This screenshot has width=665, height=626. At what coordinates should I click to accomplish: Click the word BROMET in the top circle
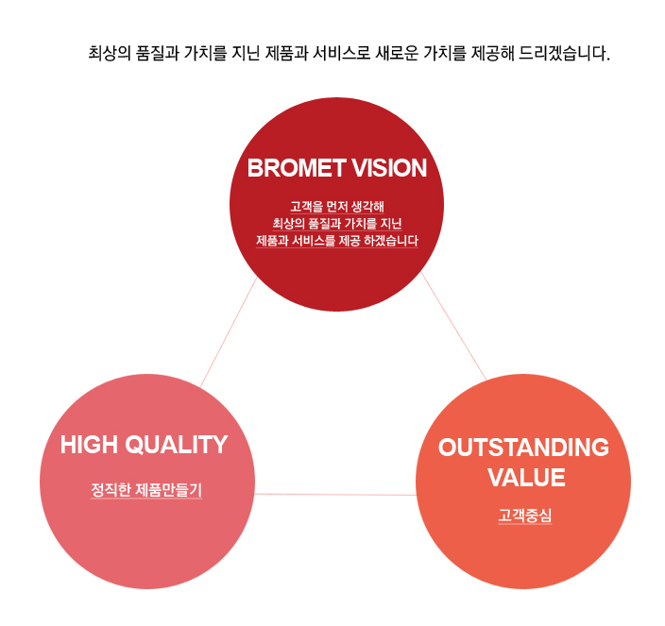pos(296,168)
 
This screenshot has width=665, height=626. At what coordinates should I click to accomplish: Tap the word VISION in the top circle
pos(389,168)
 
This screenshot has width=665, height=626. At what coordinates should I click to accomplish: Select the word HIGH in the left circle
pos(89,445)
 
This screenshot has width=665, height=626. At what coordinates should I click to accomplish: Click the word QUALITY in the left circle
pos(177,445)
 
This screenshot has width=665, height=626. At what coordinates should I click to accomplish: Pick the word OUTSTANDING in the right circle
pos(523,448)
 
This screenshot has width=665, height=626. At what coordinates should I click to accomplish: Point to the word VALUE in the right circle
pos(526,478)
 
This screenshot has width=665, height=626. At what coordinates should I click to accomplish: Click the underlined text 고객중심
pos(525,516)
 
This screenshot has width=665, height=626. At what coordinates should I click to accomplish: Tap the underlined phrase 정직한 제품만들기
pos(146,490)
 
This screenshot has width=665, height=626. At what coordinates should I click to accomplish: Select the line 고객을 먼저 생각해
pos(337,207)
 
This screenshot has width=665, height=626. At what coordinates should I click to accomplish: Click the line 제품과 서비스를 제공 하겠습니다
pos(337,241)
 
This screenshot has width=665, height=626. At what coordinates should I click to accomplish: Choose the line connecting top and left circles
pos(229,331)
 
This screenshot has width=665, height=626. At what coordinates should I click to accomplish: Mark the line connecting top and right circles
pos(453,326)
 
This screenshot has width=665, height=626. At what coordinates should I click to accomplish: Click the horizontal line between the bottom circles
pos(335,494)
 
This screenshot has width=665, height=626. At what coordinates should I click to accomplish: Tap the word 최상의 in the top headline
pos(110,54)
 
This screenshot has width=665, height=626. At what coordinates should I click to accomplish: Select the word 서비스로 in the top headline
pos(341,54)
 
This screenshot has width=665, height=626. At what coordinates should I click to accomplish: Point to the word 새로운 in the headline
pos(397,54)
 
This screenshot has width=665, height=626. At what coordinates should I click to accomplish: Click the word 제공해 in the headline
pos(492,54)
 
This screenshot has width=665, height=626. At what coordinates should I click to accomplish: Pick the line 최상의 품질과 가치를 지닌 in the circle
pos(337,224)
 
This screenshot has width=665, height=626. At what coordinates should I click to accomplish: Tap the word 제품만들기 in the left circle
pos(168,490)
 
